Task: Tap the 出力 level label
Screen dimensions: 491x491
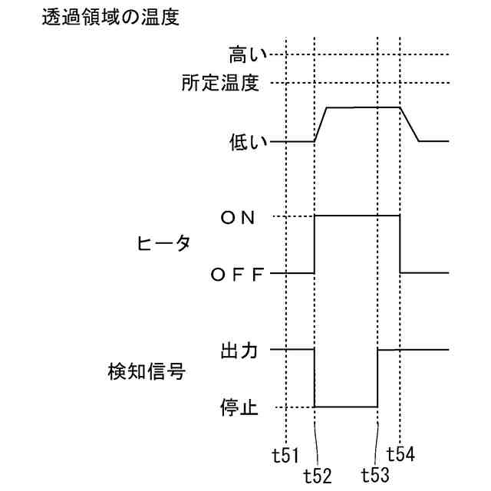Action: click(x=240, y=351)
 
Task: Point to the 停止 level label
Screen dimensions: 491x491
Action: click(x=240, y=407)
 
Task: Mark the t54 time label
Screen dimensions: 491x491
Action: click(x=401, y=454)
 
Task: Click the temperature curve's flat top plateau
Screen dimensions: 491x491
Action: click(x=364, y=107)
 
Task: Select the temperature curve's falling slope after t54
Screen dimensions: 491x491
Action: click(x=410, y=124)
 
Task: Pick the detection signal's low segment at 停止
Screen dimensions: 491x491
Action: click(x=346, y=407)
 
